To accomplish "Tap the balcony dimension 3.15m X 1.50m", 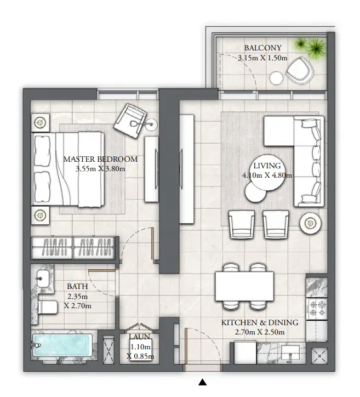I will coord(262,58).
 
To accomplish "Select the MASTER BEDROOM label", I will coord(100,159).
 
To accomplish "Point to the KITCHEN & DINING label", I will coord(260,323).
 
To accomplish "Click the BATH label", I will coord(76,286).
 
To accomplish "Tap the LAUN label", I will coord(140,338).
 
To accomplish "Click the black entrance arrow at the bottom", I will coord(202,382).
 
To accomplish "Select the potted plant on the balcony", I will coord(309,48).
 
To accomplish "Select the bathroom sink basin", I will coord(43,278).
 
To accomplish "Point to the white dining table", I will coord(243,285).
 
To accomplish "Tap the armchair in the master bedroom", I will coord(132,117).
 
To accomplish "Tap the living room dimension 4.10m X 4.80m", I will coord(266,175).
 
